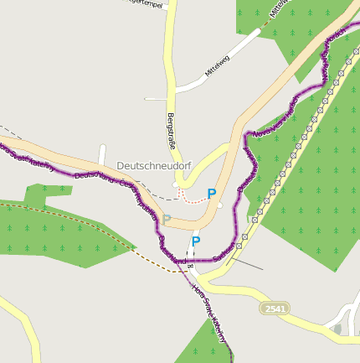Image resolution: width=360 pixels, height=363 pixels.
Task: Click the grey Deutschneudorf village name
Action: coord(154,166)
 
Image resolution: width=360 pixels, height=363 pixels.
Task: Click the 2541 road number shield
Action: coord(275,309)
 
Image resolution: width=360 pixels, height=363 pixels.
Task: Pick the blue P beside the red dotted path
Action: coord(212,194)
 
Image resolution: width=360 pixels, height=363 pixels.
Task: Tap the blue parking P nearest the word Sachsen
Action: coord(196,241)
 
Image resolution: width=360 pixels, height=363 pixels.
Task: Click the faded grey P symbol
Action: coord(166,220)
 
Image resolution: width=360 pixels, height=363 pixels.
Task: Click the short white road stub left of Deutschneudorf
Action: coord(102,155)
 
